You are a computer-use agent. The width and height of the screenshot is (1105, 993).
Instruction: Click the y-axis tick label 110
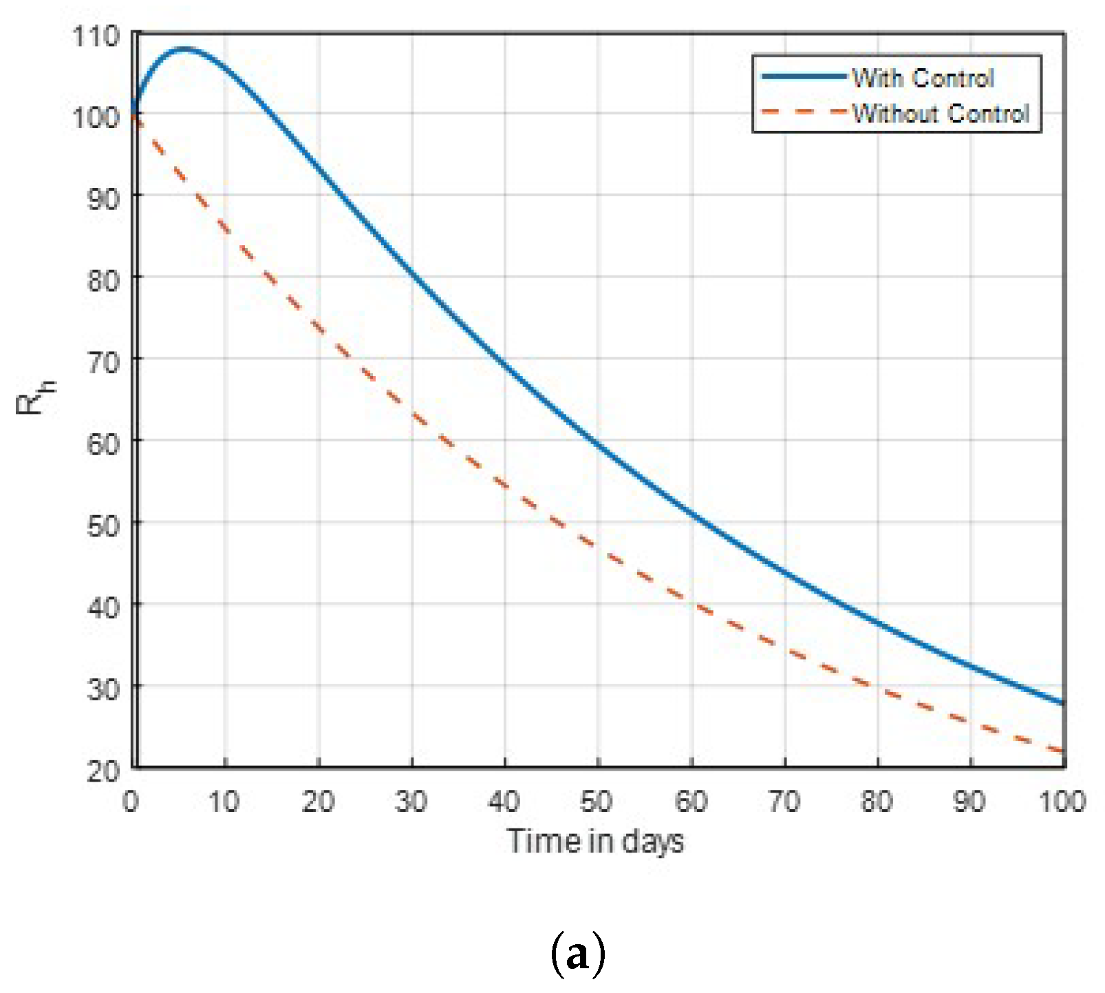click(96, 36)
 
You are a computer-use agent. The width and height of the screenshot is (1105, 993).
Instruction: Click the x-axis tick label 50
click(597, 802)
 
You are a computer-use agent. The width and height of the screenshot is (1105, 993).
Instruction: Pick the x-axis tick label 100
click(1062, 802)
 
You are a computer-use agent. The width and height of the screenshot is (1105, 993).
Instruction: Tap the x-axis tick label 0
click(131, 802)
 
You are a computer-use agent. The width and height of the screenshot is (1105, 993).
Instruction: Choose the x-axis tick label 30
click(411, 802)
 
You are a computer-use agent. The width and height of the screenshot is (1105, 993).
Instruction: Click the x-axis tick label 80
click(877, 802)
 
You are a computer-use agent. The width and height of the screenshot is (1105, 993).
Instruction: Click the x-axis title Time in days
click(595, 842)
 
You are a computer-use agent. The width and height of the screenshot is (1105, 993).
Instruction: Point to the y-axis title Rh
click(34, 398)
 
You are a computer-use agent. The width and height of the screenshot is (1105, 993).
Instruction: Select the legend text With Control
click(923, 78)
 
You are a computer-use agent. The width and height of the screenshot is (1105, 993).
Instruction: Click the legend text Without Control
click(941, 113)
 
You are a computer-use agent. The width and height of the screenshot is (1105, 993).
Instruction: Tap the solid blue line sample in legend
click(803, 76)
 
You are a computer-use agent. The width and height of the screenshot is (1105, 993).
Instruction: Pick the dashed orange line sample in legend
click(803, 112)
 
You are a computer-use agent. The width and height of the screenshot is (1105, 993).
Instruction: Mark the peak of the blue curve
click(184, 49)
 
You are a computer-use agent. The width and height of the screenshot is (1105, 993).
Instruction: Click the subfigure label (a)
click(578, 954)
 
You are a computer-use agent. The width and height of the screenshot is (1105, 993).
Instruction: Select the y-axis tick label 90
click(103, 199)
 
